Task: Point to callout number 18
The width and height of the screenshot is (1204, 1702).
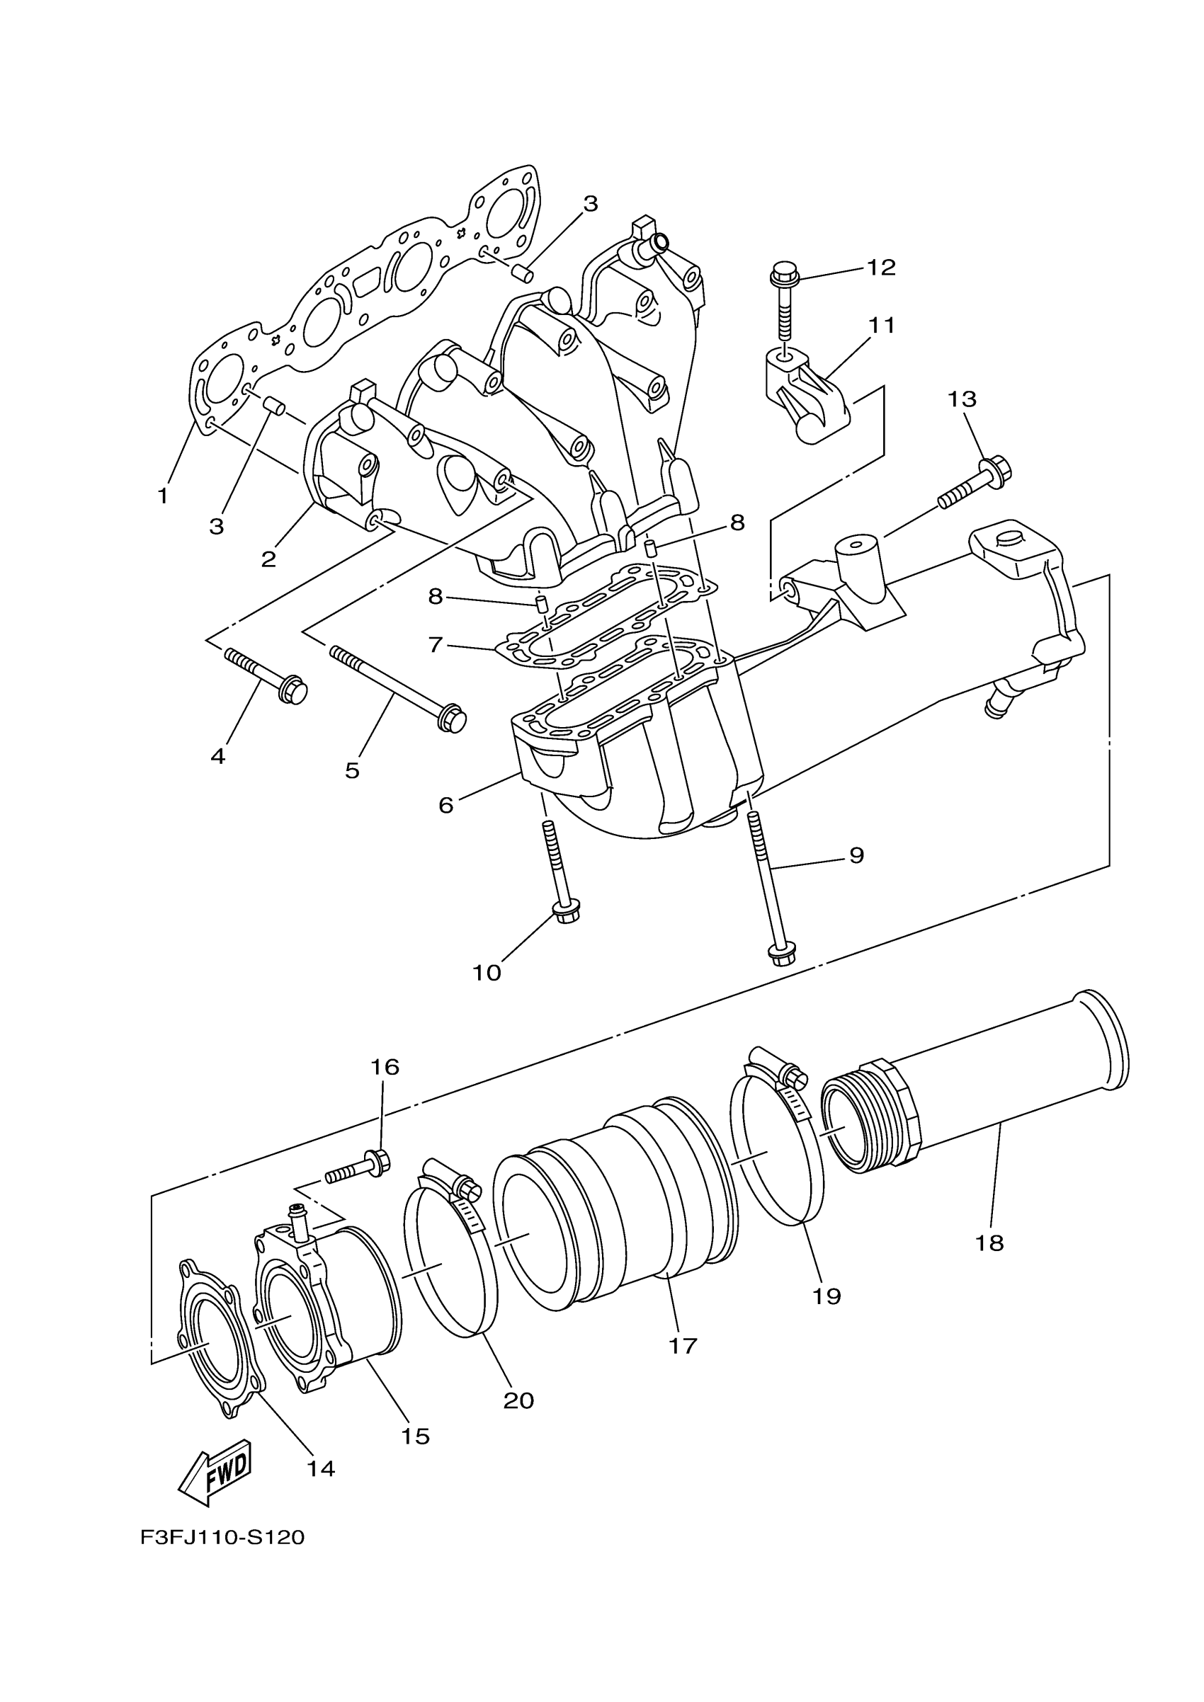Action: (989, 1243)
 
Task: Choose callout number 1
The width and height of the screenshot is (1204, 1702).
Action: (163, 496)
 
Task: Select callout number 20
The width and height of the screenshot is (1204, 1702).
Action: (518, 1400)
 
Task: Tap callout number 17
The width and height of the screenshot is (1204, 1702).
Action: (683, 1345)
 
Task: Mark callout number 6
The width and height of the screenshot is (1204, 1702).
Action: (445, 805)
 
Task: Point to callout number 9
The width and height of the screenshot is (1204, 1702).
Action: (856, 855)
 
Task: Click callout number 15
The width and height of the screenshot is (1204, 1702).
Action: (415, 1436)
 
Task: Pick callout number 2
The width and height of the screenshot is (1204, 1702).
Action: (268, 558)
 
